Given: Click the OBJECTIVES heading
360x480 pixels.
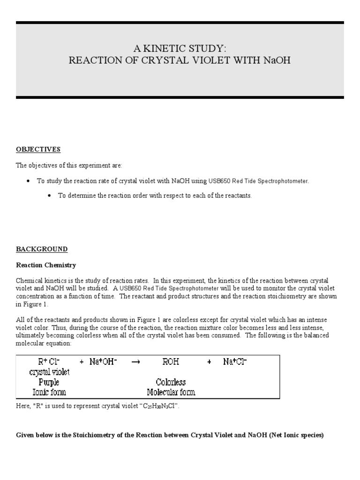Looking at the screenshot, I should [38, 150].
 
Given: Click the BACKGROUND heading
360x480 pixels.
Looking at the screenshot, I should [42, 249].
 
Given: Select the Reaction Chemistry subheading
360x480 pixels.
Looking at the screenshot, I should [46, 265].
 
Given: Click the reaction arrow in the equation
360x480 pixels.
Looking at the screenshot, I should [135, 362].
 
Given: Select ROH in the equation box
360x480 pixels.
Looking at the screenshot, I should [171, 362].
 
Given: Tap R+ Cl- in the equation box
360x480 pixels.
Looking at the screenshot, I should [49, 362].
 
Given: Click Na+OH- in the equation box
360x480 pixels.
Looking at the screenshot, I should [103, 362].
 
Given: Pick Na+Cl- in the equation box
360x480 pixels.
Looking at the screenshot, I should [235, 362].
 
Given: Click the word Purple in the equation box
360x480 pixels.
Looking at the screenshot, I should [49, 382].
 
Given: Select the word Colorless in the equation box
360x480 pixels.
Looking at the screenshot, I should [171, 382].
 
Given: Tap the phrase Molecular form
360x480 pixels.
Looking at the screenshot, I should [171, 392].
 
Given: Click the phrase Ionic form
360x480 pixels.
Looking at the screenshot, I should [49, 392].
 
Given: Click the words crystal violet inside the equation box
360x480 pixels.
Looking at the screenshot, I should [49, 372].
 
